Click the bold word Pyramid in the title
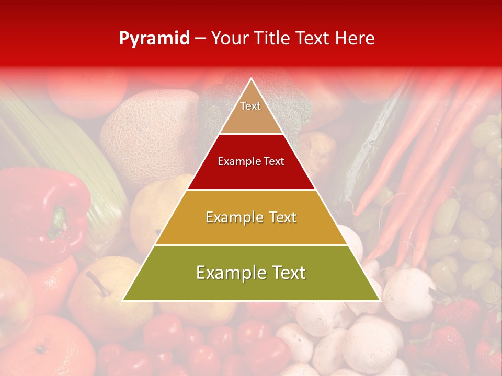pyautogui.click(x=154, y=39)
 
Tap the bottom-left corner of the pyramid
pyautogui.click(x=123, y=300)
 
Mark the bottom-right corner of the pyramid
pyautogui.click(x=379, y=300)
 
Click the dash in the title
pyautogui.click(x=200, y=39)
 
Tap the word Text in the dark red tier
pyautogui.click(x=273, y=162)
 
